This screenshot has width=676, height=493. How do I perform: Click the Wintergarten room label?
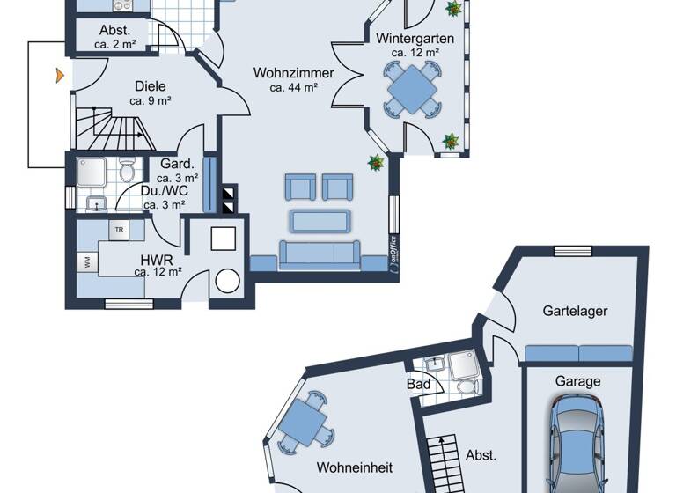(414, 39)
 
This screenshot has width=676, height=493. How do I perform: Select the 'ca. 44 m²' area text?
(294, 86)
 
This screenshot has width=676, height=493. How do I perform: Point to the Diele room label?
(150, 86)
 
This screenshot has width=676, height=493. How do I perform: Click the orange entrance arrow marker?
(59, 76)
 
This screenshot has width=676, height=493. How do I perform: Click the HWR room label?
(158, 260)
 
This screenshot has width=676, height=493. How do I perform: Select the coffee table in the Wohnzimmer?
(321, 220)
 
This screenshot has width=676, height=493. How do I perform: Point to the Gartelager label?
(576, 311)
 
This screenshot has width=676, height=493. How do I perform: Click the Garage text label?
(577, 381)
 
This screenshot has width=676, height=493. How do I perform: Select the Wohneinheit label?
(355, 467)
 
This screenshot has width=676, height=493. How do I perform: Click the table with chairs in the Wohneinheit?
(305, 422)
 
